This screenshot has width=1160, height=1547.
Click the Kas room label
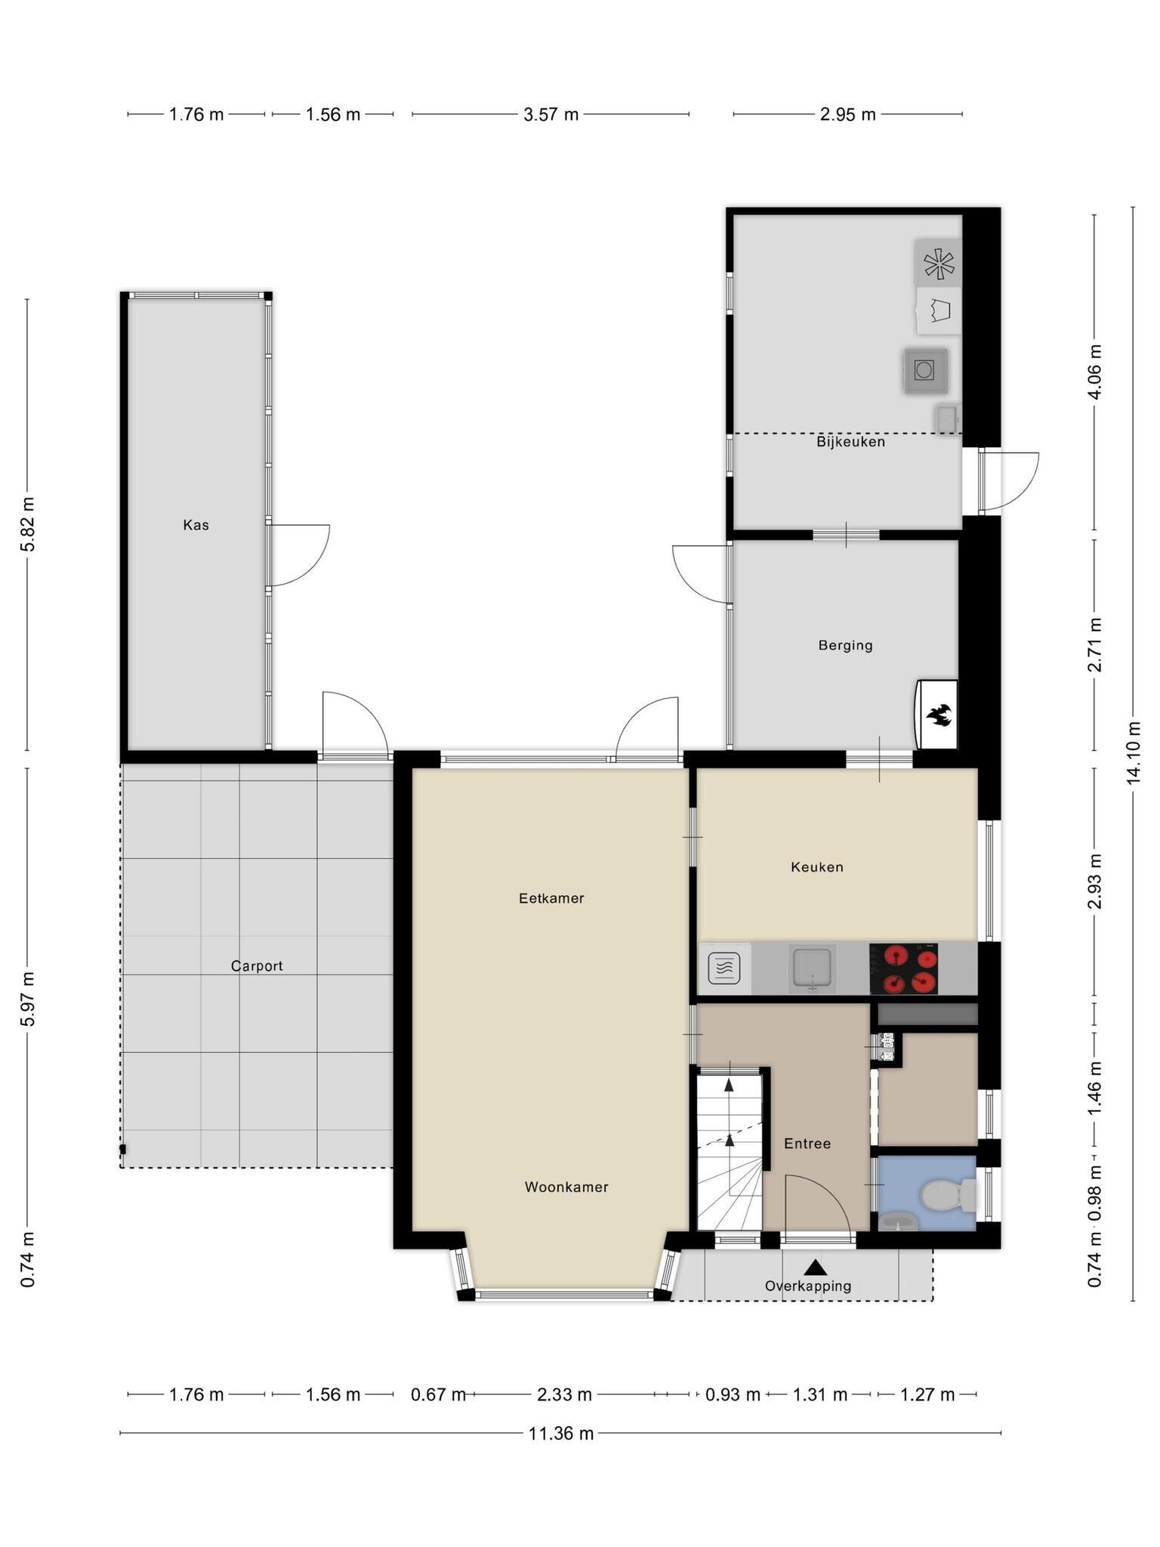[x=196, y=525]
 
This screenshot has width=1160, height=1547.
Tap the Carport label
[x=257, y=966]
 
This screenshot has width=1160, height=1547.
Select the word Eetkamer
[x=551, y=898]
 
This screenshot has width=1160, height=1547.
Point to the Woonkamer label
[x=566, y=1187]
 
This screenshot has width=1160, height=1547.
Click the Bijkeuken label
[x=850, y=442]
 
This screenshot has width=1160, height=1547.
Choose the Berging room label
[x=845, y=646]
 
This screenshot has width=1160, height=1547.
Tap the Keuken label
[x=817, y=867]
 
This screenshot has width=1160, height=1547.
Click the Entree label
[x=807, y=1144]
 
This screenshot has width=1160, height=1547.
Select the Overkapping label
[x=808, y=1286]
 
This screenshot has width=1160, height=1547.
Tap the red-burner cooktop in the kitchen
[x=903, y=968]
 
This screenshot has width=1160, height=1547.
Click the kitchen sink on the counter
[x=811, y=968]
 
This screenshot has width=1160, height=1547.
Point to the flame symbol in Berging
[x=939, y=715]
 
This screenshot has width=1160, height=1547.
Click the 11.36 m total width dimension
[x=561, y=1433]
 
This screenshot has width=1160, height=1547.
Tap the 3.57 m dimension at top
[x=551, y=114]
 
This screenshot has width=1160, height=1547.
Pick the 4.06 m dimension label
[x=1096, y=372]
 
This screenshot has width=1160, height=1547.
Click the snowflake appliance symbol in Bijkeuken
[x=939, y=263]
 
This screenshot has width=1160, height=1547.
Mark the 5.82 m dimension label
[x=28, y=525]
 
